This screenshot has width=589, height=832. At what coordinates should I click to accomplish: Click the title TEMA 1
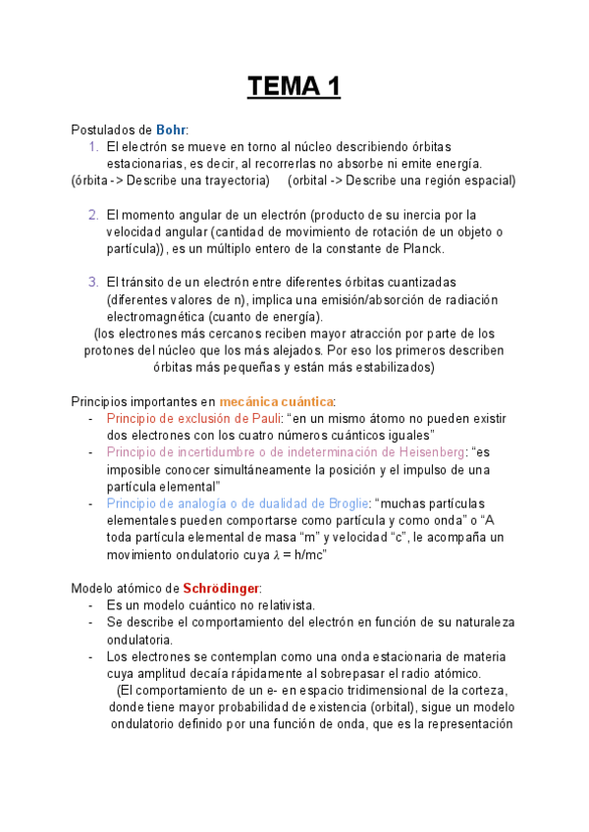coord(294,87)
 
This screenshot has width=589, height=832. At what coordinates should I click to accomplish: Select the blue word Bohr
coord(171,130)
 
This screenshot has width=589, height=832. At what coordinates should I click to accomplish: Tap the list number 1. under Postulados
coord(93,146)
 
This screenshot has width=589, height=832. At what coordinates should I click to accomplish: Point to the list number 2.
coord(93,215)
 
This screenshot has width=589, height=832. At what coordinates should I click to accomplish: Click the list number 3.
coord(93,283)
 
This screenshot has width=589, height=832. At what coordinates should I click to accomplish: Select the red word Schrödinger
coord(221,588)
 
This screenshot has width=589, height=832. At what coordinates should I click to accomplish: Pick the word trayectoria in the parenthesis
coord(228,181)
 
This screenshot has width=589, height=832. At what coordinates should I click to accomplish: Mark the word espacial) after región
coord(488,181)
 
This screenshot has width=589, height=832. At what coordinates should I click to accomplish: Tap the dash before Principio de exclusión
coord(91,419)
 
